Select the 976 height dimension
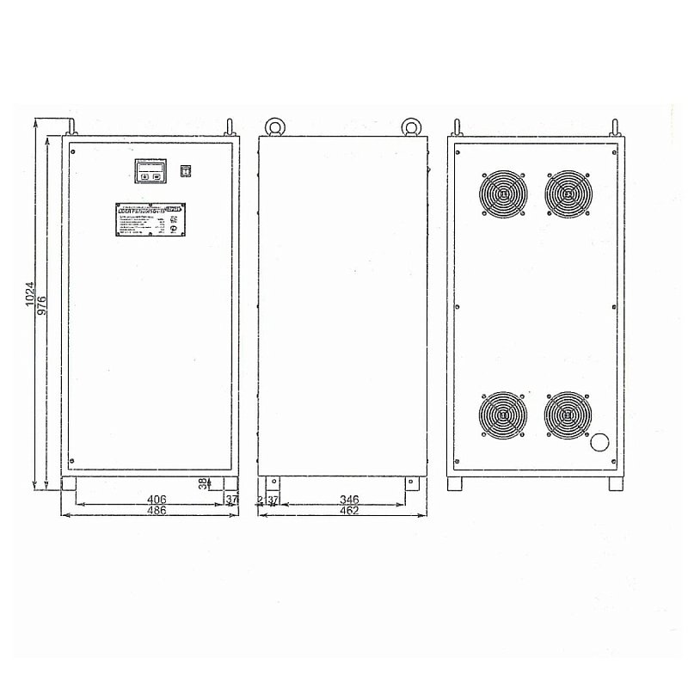(x=41, y=300)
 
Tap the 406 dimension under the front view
(x=156, y=499)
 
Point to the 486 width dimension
(x=156, y=510)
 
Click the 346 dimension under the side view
(x=349, y=499)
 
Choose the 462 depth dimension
(x=349, y=510)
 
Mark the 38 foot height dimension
(x=203, y=484)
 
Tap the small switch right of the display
(x=183, y=170)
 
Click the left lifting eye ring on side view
(x=276, y=126)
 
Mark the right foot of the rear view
(x=615, y=484)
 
